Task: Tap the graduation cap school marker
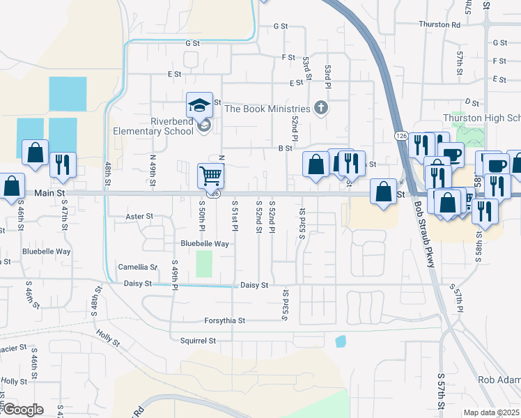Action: coord(199,106)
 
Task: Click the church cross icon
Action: coord(320,108)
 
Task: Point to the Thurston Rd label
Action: coord(440,24)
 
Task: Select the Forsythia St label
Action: coord(224,320)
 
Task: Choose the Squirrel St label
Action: coord(199,341)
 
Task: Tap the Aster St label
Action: coord(139,217)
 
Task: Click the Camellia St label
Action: coord(137,267)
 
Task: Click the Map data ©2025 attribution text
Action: coord(491,412)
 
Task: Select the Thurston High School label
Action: coord(481,118)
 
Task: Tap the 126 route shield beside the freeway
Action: coord(401,134)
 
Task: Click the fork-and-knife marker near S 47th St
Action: coord(63,164)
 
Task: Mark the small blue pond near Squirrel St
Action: coord(340,341)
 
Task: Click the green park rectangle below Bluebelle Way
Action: coord(204,263)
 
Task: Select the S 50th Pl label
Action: coord(202,217)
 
